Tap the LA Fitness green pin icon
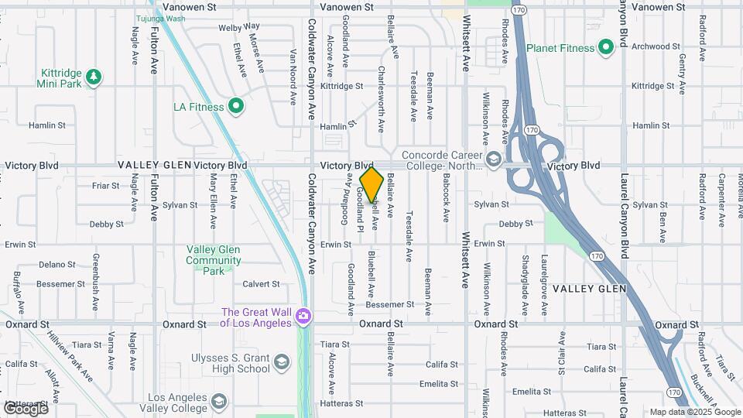click(x=236, y=106)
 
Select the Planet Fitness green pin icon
click(x=604, y=48)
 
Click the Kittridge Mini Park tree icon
click(x=94, y=77)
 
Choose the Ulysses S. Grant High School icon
click(x=282, y=362)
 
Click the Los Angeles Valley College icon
click(x=220, y=401)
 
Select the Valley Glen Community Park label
click(x=213, y=260)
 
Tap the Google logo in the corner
click(x=26, y=408)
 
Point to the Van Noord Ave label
click(x=293, y=77)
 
